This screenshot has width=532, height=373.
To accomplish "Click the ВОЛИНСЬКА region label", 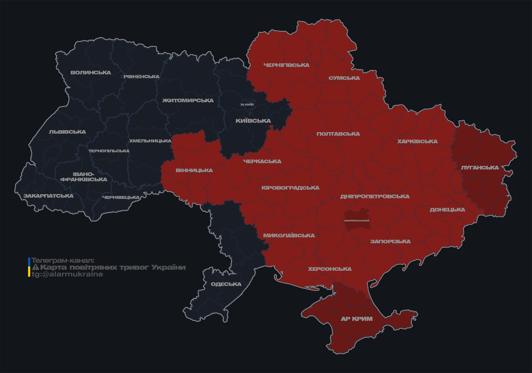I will coord(91,73).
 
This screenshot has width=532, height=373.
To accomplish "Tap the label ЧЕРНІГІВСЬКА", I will coord(286,65).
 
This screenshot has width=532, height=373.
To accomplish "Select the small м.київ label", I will coord(247,104).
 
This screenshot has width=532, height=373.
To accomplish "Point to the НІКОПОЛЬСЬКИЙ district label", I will coord(356,221).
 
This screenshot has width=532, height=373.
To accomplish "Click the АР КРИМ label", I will coord(357,319).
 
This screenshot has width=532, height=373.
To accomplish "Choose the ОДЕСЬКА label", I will coord(226,284).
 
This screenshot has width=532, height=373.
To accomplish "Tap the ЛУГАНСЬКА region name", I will coord(480,167).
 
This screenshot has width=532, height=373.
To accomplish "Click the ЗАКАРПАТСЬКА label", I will coord(48,196).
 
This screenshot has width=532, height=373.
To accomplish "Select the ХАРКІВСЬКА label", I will coord(417,141).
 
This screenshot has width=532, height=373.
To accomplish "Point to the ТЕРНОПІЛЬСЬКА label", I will coord(109,151).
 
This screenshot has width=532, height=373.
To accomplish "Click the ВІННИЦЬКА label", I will coord(194,170).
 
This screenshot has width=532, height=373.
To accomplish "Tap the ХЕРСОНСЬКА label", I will coord(330,269).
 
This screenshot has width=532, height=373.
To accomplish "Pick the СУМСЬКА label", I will coord(344,78).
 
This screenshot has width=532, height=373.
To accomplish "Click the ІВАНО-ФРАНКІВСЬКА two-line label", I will coord(84,177).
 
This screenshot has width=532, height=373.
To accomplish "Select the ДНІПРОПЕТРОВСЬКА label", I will coord(375,196).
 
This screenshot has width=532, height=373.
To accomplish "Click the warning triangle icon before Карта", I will coord(35,267).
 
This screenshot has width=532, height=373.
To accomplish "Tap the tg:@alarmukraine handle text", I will coord(67,274).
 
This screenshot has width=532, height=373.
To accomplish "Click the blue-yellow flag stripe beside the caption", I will coord(29,267).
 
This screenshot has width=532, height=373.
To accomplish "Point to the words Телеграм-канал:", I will coord(63,260).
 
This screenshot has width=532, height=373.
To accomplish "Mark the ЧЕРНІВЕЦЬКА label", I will coord(121,197).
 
